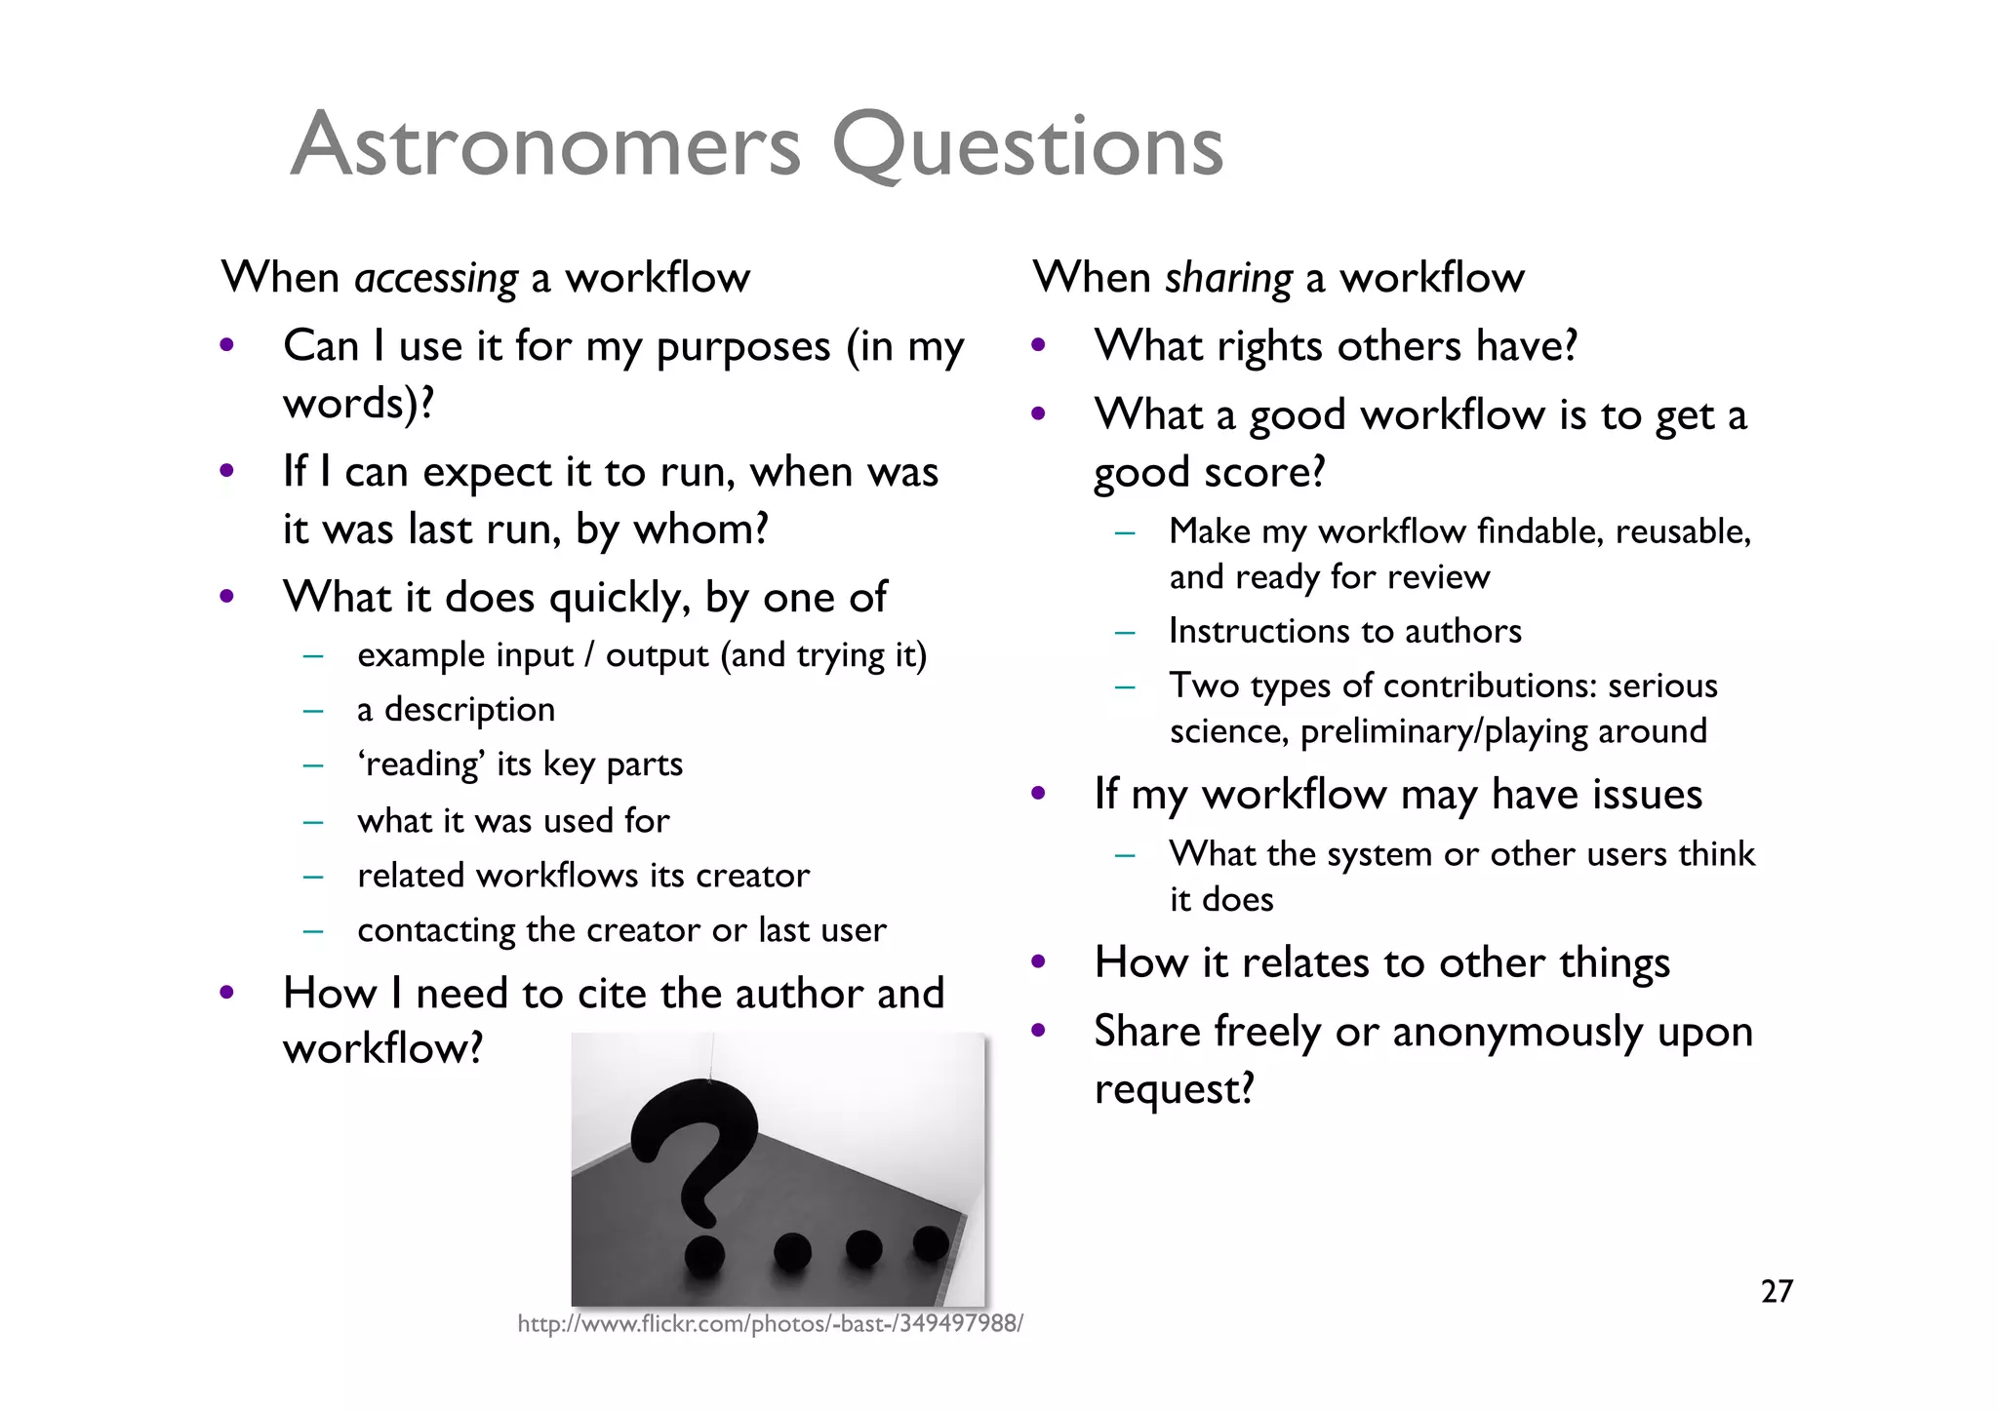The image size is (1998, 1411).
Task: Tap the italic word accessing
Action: (x=436, y=279)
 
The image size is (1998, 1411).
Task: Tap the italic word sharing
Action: (x=1228, y=279)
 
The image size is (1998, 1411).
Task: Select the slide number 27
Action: (x=1777, y=1291)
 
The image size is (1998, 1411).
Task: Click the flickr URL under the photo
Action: (x=770, y=1323)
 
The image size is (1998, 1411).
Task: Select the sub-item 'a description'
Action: (x=456, y=710)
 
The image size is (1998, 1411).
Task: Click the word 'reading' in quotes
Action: (x=421, y=764)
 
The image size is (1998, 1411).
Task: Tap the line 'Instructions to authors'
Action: (x=1344, y=632)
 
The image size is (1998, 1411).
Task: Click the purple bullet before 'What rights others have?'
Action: (x=1038, y=345)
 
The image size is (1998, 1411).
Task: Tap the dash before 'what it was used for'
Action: (x=312, y=822)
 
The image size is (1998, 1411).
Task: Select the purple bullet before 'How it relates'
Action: (x=1038, y=961)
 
